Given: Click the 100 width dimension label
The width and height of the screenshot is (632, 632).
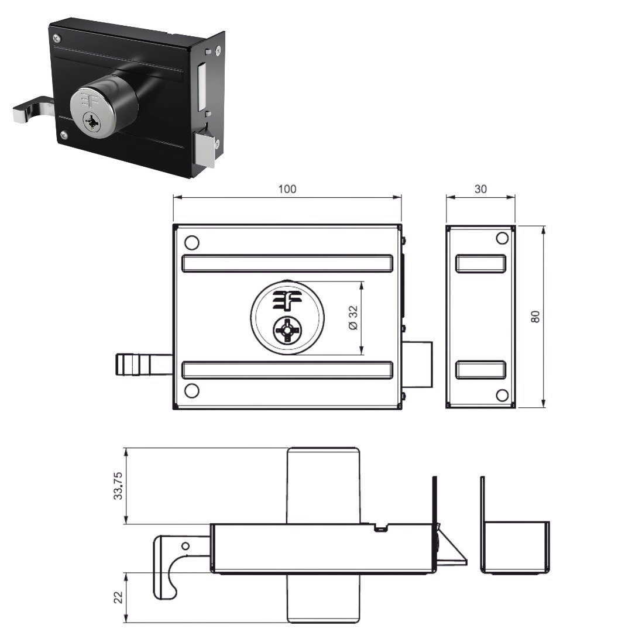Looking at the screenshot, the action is coord(287,188).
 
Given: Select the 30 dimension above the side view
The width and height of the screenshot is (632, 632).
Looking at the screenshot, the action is coord(480,188).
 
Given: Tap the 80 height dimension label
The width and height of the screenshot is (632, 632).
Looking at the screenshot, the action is coord(535,317).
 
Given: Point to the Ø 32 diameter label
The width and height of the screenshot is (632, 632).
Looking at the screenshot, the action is coord(353,318).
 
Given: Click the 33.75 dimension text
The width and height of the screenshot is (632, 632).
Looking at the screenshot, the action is coord(118,486).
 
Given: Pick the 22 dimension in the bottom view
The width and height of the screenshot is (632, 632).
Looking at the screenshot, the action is coord(118,597).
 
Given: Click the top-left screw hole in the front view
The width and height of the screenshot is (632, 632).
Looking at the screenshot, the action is coord(191,243).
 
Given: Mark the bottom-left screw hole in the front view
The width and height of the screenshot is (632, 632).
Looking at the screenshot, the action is coord(191,390).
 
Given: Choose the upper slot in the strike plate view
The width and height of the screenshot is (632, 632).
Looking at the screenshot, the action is coord(480,263).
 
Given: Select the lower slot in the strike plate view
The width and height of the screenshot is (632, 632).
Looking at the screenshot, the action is coord(480,370).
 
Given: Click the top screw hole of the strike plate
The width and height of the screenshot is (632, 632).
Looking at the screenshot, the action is coord(502,238).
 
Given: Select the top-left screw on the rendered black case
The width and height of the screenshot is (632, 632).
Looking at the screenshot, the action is coord(56,38).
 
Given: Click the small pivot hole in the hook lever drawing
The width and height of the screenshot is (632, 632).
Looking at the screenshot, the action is coord(186,546).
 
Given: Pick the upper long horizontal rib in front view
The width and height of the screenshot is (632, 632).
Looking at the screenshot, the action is coord(287,263).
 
